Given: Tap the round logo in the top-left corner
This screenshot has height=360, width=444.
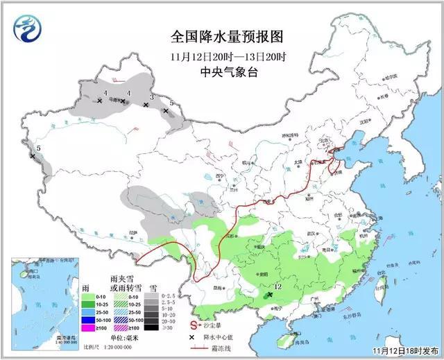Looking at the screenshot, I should (27, 29).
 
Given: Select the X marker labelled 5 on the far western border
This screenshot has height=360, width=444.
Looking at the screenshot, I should (33, 156).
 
